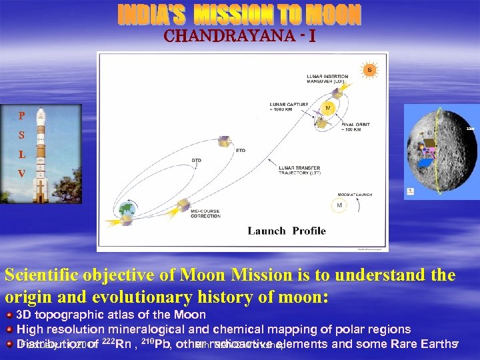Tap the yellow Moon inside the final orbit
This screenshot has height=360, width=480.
click(327, 107)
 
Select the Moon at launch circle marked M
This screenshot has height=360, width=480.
click(339, 205)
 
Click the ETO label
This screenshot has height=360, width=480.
click(241, 151)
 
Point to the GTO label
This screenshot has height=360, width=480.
click(197, 161)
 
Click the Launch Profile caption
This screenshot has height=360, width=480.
click(287, 231)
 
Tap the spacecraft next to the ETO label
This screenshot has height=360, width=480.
click(226, 141)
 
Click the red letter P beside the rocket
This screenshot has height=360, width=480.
click(22, 115)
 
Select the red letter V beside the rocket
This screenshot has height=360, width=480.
click(22, 173)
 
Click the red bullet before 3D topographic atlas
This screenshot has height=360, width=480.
click(9, 314)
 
